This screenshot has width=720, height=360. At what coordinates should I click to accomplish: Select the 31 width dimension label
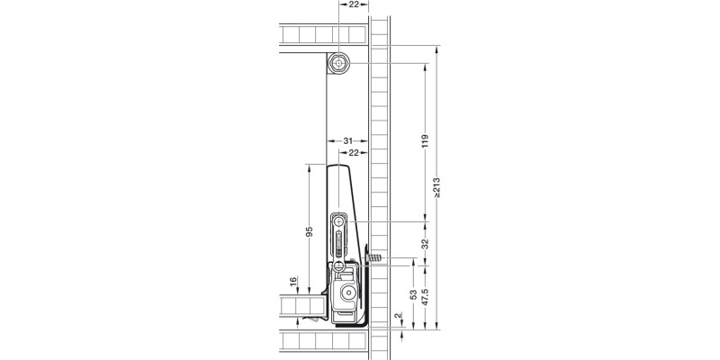click(x=347, y=141)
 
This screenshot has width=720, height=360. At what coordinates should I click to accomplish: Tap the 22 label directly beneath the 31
click(x=357, y=154)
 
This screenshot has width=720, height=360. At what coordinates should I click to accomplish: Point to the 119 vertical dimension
click(x=424, y=141)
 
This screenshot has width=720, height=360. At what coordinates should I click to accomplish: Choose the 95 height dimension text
click(x=309, y=232)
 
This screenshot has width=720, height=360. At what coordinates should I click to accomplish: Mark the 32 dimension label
click(x=424, y=243)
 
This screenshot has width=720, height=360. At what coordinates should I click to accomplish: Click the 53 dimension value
click(x=412, y=296)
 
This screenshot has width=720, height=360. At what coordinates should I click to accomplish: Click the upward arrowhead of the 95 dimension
click(x=309, y=167)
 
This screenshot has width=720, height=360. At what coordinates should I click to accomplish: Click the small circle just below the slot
click(x=339, y=265)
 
